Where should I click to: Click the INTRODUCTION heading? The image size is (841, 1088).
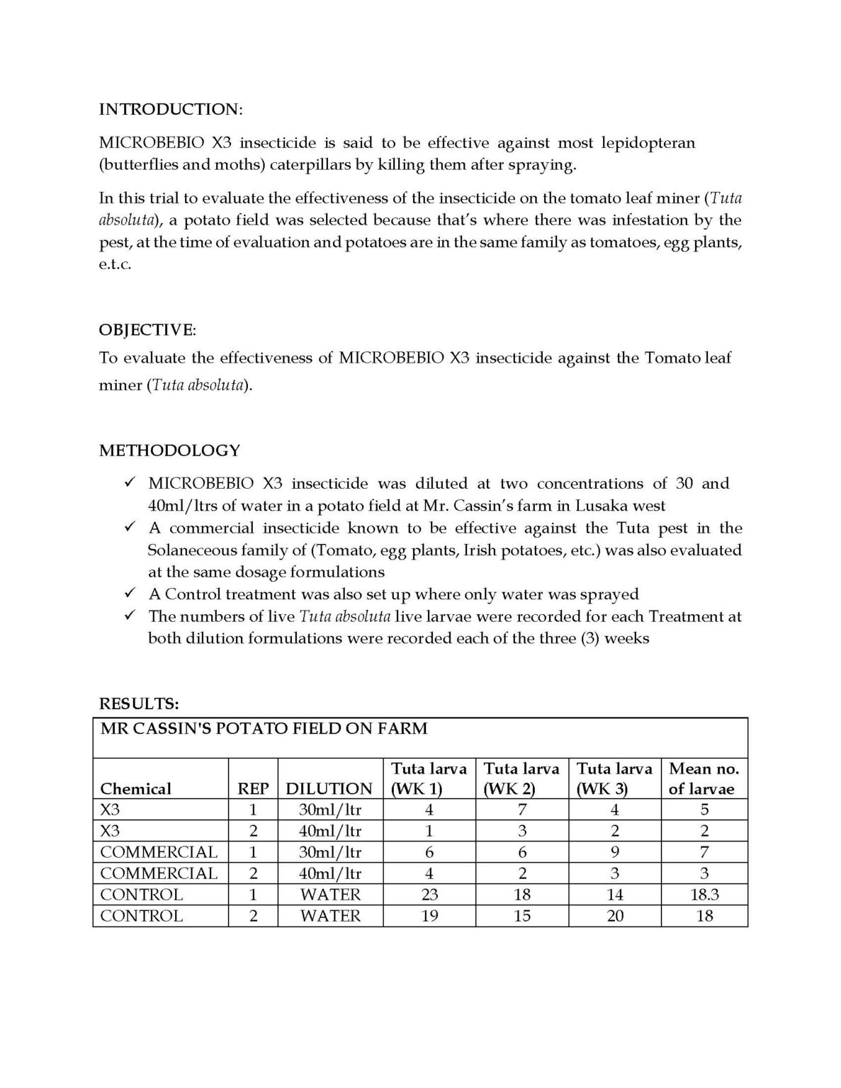(x=170, y=109)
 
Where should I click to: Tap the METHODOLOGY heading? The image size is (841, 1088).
(x=169, y=450)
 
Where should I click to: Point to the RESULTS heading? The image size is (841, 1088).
(x=139, y=704)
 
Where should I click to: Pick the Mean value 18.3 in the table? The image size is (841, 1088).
(x=704, y=895)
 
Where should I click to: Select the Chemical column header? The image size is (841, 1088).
(x=136, y=789)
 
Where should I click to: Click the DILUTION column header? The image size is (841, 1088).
(x=329, y=789)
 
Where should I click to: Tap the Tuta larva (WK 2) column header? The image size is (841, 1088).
(x=521, y=778)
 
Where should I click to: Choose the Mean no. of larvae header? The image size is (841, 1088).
(x=704, y=778)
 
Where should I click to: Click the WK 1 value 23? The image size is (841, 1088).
(x=429, y=895)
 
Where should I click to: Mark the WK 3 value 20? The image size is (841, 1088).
(x=615, y=916)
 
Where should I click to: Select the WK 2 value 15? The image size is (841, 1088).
(x=522, y=916)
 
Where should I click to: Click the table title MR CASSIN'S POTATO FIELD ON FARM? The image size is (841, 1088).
(x=264, y=728)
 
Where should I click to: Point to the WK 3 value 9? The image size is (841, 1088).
(x=615, y=852)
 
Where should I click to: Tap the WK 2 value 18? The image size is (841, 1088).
(x=522, y=895)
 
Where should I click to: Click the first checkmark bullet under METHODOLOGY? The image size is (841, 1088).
(x=129, y=483)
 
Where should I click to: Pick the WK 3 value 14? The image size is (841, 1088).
(x=615, y=895)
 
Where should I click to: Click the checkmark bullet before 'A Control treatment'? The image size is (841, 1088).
(x=129, y=593)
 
